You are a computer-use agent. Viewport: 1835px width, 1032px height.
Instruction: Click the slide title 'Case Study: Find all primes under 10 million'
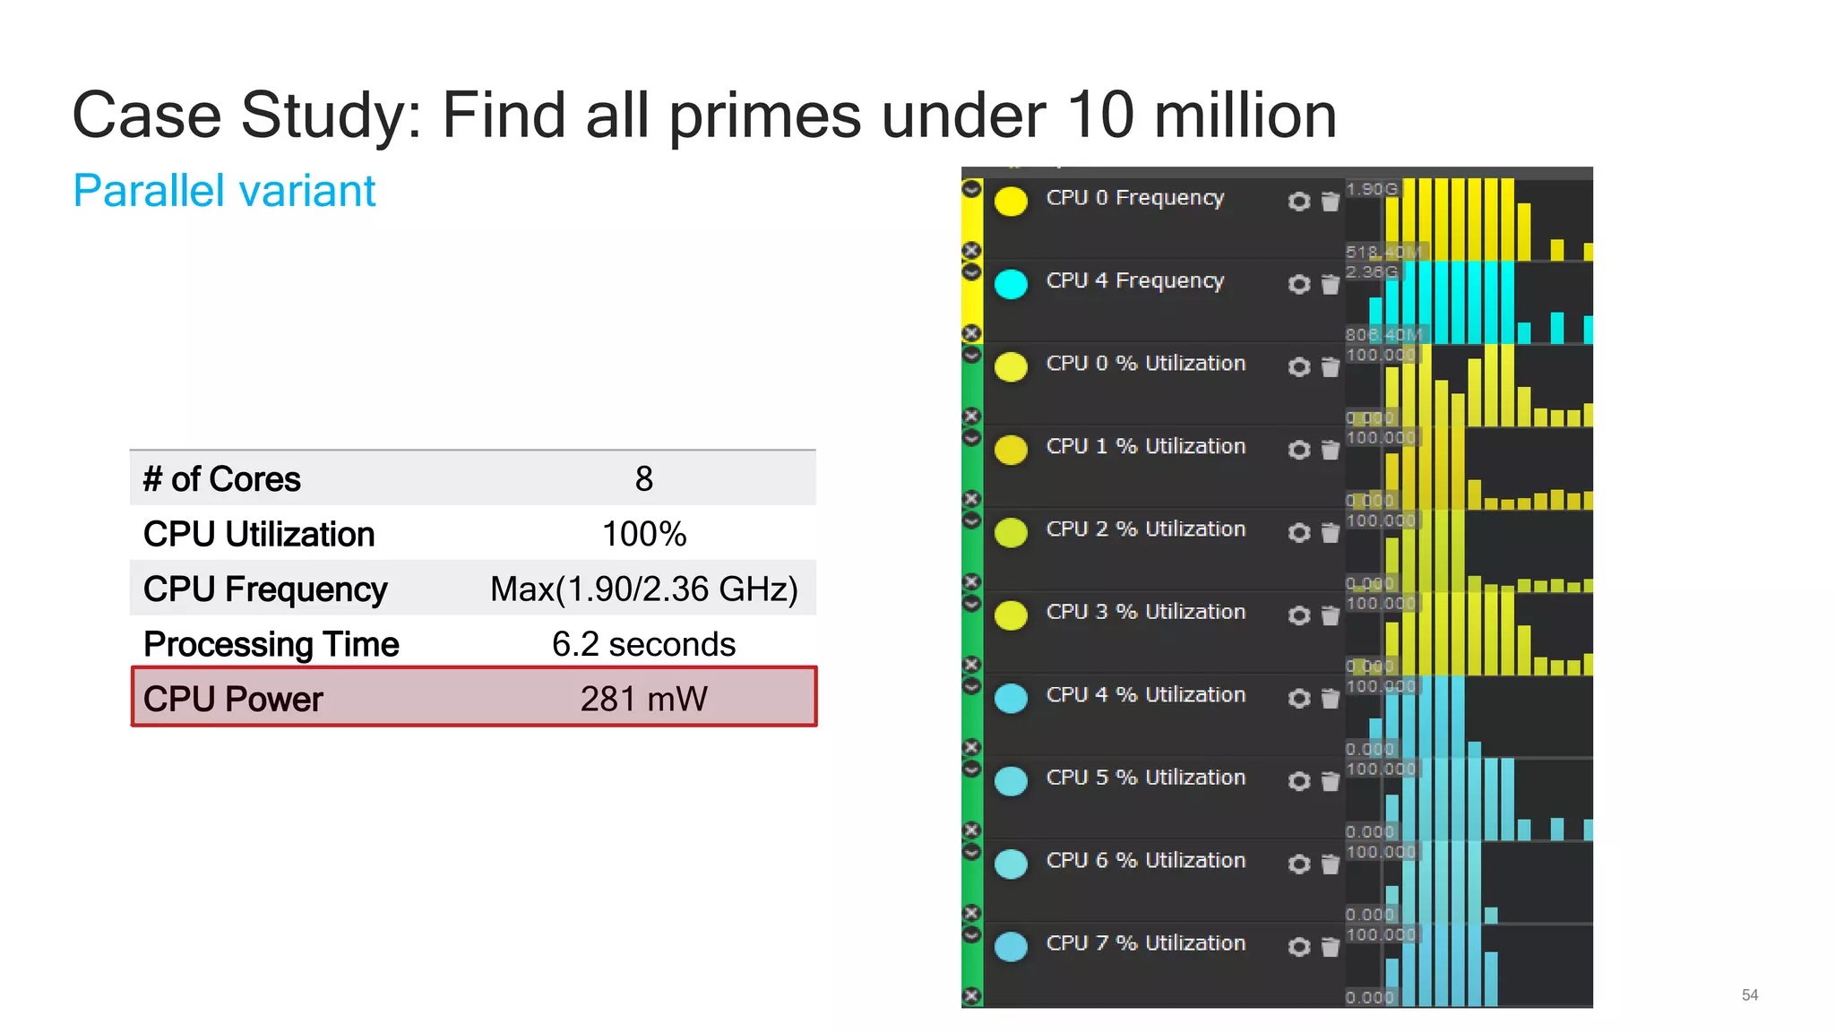point(704,116)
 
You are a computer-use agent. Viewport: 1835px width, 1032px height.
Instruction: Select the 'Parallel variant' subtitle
point(224,191)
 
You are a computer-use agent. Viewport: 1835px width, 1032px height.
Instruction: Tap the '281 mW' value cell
point(643,699)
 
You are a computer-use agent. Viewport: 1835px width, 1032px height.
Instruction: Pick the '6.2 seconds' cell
point(643,644)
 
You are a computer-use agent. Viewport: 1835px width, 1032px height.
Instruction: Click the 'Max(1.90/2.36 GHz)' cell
point(643,589)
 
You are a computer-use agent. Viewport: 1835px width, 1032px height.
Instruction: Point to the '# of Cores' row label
point(222,479)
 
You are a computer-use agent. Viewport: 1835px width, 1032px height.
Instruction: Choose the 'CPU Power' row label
point(233,699)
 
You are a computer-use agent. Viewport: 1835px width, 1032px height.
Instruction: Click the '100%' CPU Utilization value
point(643,535)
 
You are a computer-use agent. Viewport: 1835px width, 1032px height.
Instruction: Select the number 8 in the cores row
point(643,479)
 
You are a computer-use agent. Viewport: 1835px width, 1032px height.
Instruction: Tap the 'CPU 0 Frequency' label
point(1134,197)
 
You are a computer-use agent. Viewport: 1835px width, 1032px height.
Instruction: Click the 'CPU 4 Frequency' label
point(1134,280)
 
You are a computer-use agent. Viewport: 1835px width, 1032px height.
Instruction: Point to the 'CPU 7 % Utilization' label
point(1145,943)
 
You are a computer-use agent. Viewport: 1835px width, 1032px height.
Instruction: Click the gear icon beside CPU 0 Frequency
point(1298,202)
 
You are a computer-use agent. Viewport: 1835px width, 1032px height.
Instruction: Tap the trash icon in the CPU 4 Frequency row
point(1331,285)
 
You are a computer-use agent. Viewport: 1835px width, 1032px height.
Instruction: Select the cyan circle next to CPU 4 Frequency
point(1012,284)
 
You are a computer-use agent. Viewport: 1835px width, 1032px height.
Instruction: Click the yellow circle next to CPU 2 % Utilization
point(1012,533)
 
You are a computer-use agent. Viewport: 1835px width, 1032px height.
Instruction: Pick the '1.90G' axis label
point(1371,189)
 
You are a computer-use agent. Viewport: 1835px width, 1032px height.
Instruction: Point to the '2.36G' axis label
point(1371,271)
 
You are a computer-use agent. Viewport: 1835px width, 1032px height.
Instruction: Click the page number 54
point(1749,995)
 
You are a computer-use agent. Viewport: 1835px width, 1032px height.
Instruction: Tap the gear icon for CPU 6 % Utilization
point(1298,864)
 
